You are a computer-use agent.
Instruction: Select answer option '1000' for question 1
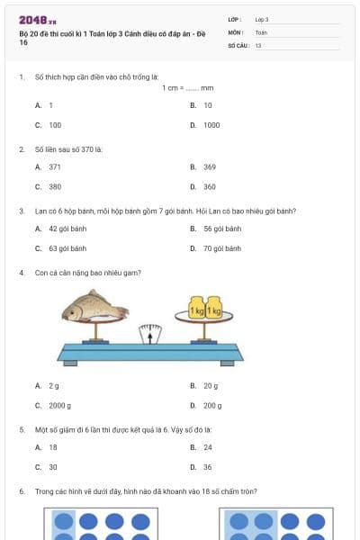[211, 125]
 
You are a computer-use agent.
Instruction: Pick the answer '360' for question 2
[210, 186]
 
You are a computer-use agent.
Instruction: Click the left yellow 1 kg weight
[196, 309]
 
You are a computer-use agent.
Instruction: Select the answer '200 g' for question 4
[211, 405]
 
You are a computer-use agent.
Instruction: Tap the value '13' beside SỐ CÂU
[258, 45]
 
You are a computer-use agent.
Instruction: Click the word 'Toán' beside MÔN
[261, 31]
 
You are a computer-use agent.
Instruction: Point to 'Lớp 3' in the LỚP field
[262, 19]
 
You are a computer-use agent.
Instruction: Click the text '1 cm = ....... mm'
[188, 88]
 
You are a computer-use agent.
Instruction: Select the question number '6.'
[22, 491]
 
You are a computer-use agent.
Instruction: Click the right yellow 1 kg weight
[213, 309]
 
